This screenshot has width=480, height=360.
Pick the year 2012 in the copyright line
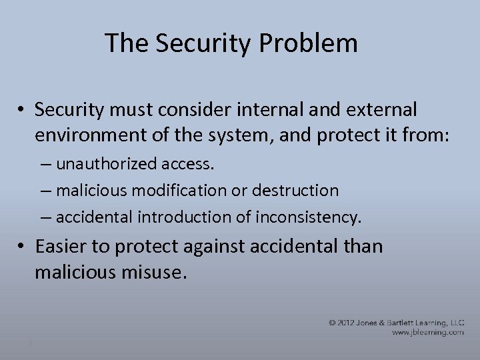coord(351,322)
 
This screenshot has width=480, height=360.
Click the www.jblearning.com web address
coord(427,332)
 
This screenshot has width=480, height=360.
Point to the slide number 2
coord(30,344)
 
